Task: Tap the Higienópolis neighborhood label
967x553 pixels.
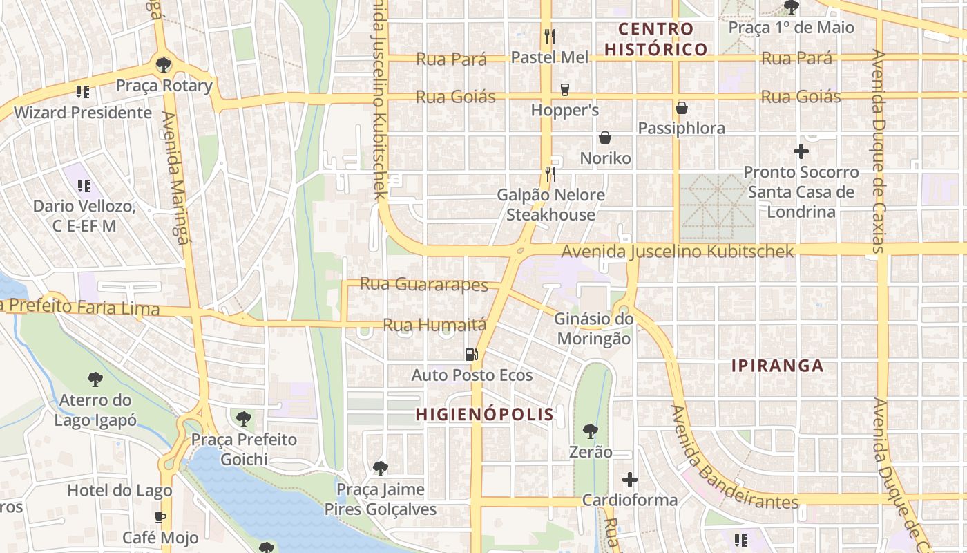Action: tap(484, 415)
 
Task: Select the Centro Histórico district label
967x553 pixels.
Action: tap(656, 39)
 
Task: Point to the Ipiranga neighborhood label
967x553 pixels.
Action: tap(778, 366)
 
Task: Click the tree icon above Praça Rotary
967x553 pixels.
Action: tap(164, 66)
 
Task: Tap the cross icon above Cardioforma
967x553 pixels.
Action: tap(629, 479)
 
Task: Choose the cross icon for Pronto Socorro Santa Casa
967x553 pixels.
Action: tap(801, 151)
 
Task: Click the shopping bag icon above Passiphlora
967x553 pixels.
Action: tap(682, 109)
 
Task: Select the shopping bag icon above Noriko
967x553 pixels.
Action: tap(605, 138)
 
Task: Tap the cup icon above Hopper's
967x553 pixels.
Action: tap(564, 90)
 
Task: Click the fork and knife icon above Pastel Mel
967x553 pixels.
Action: tap(550, 36)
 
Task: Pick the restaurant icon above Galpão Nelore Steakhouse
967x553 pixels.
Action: tap(550, 174)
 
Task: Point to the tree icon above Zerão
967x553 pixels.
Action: tap(590, 432)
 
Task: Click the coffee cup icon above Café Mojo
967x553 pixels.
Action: tap(160, 517)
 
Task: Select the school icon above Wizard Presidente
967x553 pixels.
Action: tap(83, 91)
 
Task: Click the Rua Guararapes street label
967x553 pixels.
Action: tap(424, 284)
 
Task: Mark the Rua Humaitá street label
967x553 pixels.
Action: tap(434, 324)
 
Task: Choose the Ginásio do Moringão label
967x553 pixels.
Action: tap(593, 329)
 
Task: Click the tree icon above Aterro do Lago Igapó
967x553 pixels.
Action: tap(95, 379)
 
